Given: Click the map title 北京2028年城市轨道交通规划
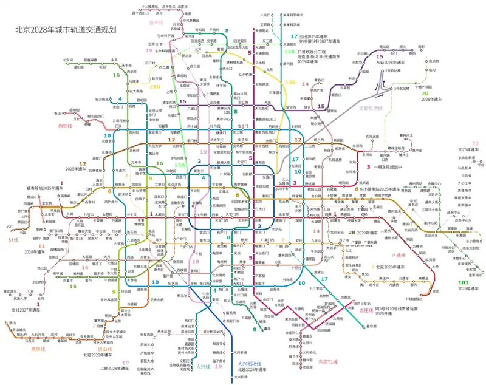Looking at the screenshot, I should click(x=65, y=29).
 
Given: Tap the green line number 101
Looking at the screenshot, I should click(x=464, y=282).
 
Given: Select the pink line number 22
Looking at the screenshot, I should click(x=475, y=143).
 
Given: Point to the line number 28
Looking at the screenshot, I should click(x=352, y=233).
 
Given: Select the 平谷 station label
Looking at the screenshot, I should click(x=481, y=164).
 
